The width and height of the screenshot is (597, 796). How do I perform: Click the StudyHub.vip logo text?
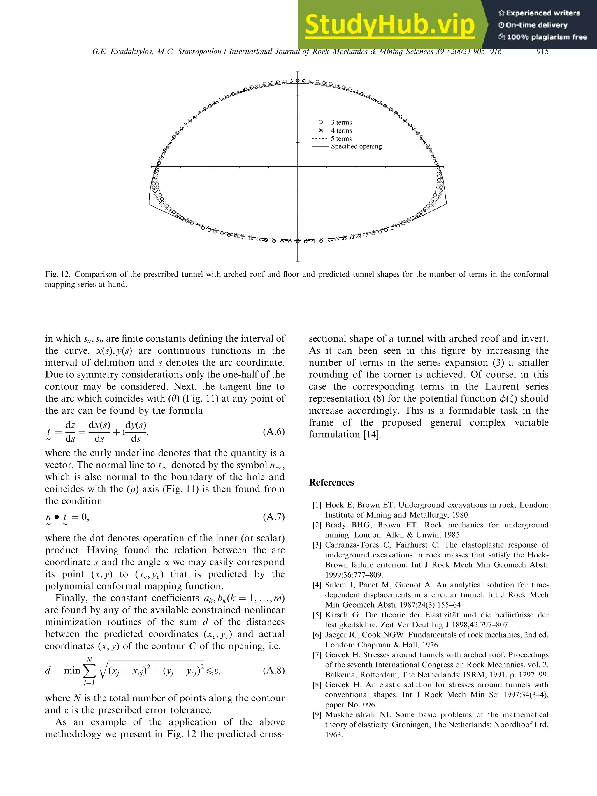[390, 24]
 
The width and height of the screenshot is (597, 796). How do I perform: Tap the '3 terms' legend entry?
[341, 122]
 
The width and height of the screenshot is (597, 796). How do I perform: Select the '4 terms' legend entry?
[341, 130]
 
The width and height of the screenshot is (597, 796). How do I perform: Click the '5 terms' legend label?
[341, 139]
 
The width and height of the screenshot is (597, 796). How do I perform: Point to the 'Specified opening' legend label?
[356, 146]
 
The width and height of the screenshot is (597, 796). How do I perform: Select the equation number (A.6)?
[274, 431]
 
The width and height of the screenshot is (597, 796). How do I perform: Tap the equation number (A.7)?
[274, 517]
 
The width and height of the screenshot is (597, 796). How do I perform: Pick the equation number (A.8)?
[274, 670]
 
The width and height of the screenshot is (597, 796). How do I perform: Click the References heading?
[331, 482]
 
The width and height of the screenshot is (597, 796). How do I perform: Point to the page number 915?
[542, 52]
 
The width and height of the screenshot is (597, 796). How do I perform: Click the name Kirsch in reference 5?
[337, 615]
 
